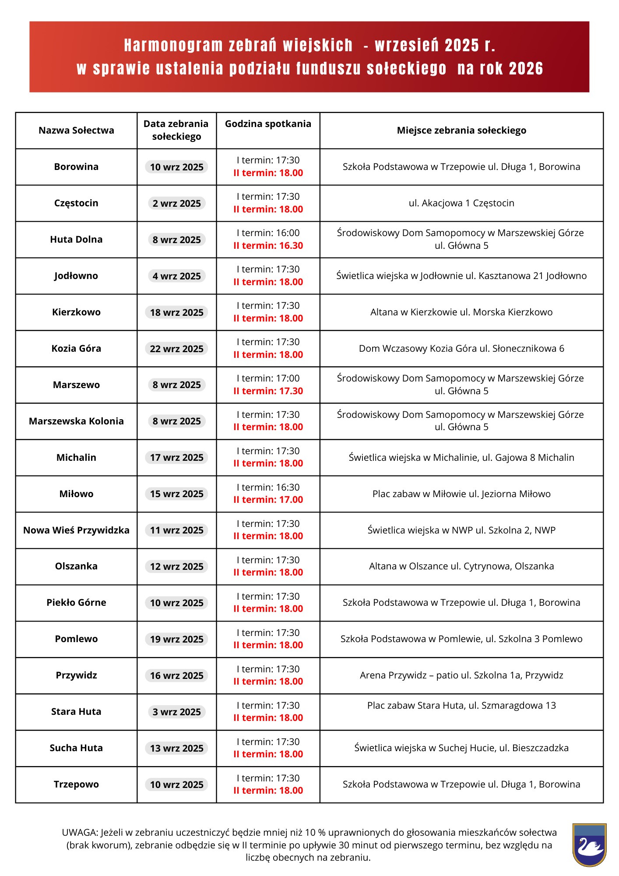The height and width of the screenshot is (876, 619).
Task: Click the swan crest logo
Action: [589, 844]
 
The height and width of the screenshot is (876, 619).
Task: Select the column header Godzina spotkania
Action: [268, 124]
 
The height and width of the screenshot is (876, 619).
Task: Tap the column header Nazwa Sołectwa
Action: [76, 131]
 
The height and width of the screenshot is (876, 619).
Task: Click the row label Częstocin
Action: [76, 203]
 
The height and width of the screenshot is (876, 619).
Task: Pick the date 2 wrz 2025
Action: [176, 204]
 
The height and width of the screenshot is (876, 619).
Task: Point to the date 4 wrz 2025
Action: [176, 276]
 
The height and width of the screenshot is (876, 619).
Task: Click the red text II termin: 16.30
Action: [268, 246]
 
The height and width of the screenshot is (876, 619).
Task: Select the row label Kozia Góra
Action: [76, 349]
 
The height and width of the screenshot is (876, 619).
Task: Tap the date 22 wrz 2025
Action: [176, 349]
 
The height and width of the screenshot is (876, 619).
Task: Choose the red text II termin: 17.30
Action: [268, 391]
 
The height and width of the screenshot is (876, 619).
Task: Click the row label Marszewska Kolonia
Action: [76, 421]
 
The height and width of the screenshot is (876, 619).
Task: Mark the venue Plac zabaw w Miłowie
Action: [461, 494]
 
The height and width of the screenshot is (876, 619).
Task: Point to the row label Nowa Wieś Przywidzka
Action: [76, 530]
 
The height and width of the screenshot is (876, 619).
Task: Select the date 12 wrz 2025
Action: [176, 567]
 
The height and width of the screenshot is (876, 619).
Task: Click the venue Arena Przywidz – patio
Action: [461, 675]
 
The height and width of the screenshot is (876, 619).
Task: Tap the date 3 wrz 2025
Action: [176, 712]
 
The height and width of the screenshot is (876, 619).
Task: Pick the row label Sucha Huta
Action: [76, 748]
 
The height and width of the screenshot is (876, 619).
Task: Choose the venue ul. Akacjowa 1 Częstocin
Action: [461, 203]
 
